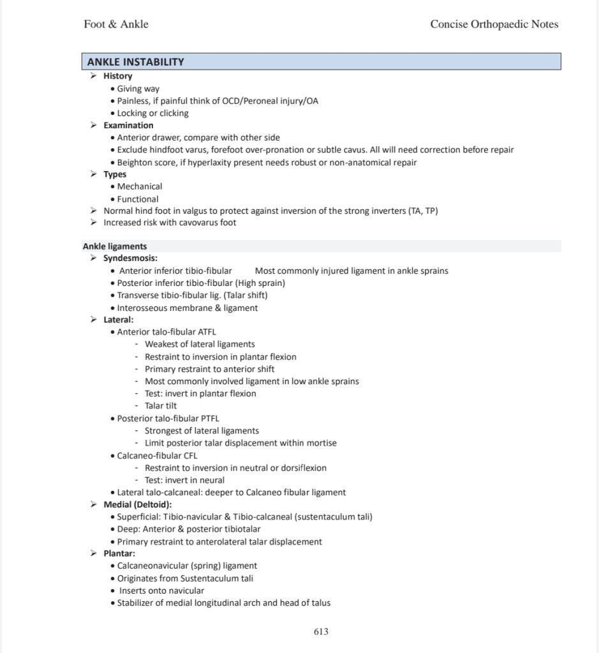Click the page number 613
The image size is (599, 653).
(x=321, y=631)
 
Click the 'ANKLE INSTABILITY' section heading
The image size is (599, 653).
(x=135, y=62)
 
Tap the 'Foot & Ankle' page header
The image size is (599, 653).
(x=116, y=24)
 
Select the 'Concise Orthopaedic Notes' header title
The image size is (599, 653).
(x=494, y=24)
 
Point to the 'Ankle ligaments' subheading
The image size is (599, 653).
(x=115, y=246)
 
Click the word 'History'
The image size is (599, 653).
(x=118, y=76)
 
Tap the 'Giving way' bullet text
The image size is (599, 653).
(x=138, y=89)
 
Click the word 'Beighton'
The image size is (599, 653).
(x=135, y=162)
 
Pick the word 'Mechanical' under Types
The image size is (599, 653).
(x=140, y=186)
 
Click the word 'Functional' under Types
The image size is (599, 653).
(x=138, y=199)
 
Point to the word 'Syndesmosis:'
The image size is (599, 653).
(x=131, y=259)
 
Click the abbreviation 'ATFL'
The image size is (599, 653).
(x=207, y=332)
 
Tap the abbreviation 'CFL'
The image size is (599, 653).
(x=189, y=456)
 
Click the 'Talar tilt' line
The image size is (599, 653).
(x=161, y=405)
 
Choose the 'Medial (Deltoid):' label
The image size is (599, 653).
(x=138, y=505)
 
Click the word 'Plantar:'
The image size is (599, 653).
(x=119, y=553)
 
